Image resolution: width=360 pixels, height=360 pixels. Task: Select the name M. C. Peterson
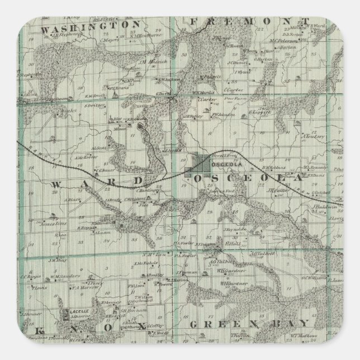282,40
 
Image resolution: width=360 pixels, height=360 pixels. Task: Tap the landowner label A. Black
73,198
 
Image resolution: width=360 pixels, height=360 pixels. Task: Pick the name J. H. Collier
277,189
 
